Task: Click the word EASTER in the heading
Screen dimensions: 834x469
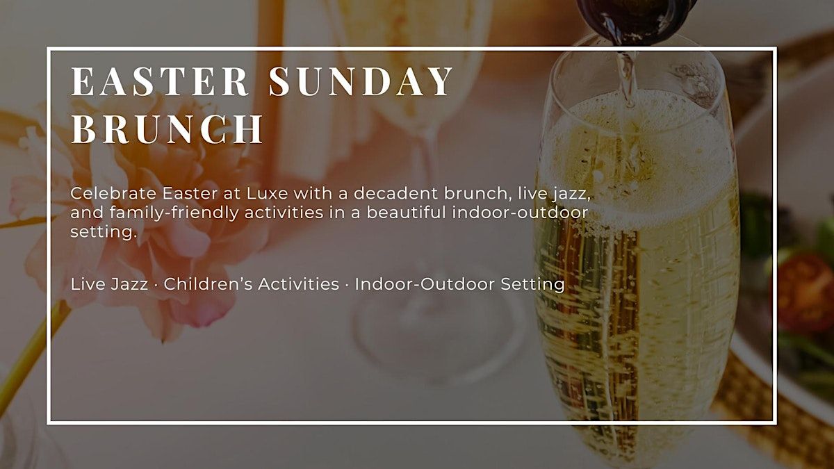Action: [x=160, y=81]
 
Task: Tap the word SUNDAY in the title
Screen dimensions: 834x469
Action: [x=361, y=81]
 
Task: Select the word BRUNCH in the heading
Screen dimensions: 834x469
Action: [x=167, y=129]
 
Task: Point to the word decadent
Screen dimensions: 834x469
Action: [x=395, y=194]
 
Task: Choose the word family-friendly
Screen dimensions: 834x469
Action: [x=174, y=213]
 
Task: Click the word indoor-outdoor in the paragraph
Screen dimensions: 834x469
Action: [x=520, y=213]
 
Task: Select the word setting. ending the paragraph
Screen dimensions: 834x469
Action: [x=104, y=232]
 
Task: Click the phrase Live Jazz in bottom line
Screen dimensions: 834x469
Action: [x=109, y=285]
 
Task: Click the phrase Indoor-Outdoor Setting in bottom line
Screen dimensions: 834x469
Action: [x=459, y=285]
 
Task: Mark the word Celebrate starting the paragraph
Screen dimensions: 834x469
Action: [x=113, y=194]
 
